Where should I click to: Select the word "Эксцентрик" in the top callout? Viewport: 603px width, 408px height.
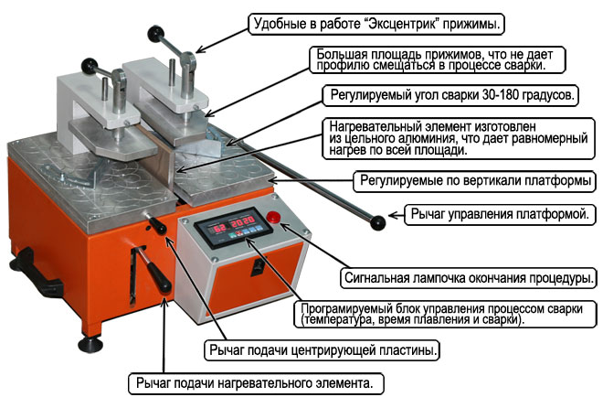pos(403,22)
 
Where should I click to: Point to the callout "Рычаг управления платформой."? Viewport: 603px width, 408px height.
pos(492,216)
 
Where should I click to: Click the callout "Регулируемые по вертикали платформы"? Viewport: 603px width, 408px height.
pos(473,179)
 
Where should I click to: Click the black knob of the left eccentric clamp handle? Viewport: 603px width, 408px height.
pos(90,65)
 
